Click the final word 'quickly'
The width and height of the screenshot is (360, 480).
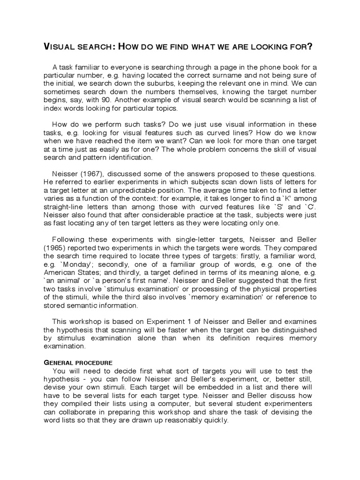[x=215, y=420]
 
